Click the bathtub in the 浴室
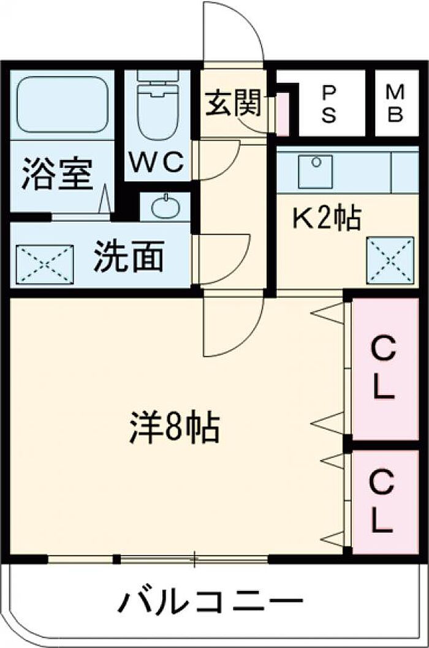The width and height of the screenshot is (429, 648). coord(62,104)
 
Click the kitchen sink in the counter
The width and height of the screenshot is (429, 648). coord(315,171)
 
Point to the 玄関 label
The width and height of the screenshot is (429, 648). coord(233,103)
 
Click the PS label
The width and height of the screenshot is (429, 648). coord(329,103)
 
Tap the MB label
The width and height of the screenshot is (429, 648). coord(395,103)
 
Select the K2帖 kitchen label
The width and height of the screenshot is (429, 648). coord(325,219)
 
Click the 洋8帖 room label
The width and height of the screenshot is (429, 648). coord(174,428)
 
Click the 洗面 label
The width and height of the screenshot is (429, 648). coord(129,258)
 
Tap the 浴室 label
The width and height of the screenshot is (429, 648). coord(58,173)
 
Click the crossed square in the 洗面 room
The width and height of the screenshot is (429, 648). coord(44,265)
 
